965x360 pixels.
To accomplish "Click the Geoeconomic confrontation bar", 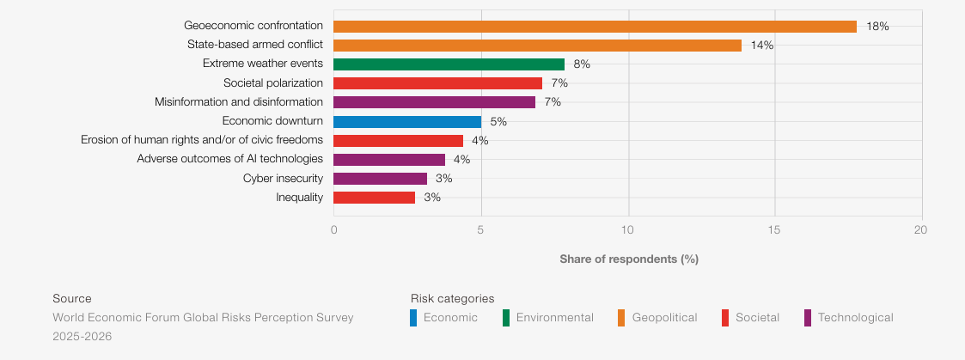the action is [595, 27].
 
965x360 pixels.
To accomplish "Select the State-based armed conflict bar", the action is [537, 46].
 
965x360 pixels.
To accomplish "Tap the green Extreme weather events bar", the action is [449, 64].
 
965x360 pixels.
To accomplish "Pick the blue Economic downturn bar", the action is [407, 122].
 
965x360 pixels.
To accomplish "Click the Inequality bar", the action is [374, 198].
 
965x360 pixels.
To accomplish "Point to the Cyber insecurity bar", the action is [381, 179].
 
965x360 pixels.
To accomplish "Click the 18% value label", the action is [877, 27].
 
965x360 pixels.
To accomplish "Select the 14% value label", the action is [762, 46].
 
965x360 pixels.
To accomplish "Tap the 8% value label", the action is [583, 64].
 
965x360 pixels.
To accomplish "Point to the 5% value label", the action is [498, 122].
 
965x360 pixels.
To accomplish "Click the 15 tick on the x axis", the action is [774, 230].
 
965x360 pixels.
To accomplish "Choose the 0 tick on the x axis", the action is [333, 230].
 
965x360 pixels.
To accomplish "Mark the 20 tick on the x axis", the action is [920, 230].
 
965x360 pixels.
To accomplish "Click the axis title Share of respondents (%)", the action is [629, 259].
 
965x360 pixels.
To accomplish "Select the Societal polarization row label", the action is [273, 83].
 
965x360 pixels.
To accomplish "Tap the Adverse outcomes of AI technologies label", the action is [230, 160].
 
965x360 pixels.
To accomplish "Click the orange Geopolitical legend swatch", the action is [620, 318].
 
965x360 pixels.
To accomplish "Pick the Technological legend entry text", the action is [856, 318].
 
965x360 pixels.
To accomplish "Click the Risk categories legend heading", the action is [452, 298].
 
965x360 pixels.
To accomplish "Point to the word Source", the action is [72, 298].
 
